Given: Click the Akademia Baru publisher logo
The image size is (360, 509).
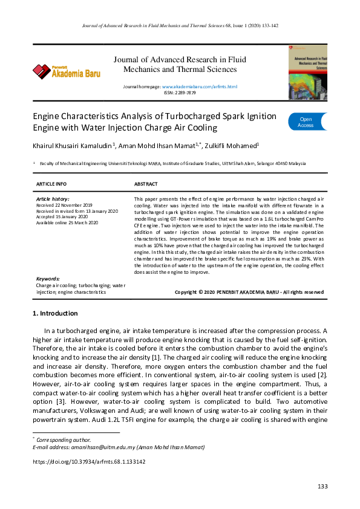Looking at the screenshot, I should [x=67, y=71].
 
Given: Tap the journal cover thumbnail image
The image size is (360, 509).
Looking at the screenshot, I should [x=307, y=72].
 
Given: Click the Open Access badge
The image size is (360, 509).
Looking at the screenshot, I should [x=307, y=122].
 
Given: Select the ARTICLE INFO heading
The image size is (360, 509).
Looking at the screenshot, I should [x=51, y=184].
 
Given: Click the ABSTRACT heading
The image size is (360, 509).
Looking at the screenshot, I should [x=146, y=184].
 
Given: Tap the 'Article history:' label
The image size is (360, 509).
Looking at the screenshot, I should [x=53, y=199].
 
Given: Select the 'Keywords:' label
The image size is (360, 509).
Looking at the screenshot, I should [x=48, y=279].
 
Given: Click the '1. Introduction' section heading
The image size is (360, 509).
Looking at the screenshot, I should [x=54, y=313].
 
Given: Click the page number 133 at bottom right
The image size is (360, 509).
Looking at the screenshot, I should [x=322, y=487].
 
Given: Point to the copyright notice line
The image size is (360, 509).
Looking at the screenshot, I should [x=249, y=292].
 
